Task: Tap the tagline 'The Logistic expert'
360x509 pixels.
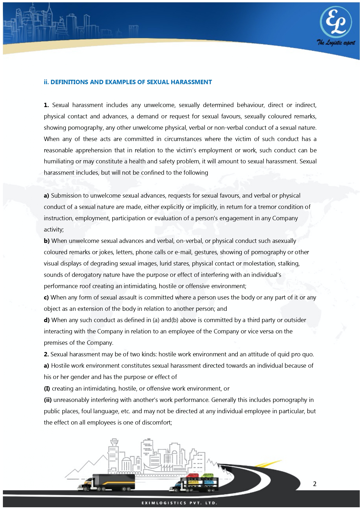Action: tap(336, 43)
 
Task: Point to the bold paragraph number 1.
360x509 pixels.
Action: tap(46, 105)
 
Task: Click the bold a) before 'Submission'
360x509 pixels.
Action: tap(46, 196)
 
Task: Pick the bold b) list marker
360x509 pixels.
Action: tap(47, 241)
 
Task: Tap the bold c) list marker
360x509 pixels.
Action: tap(46, 297)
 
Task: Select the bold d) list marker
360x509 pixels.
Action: tap(47, 320)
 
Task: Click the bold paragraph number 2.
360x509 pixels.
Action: tap(46, 354)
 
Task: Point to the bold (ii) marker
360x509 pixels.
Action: tap(48, 400)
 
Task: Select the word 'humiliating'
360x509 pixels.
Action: tap(58, 162)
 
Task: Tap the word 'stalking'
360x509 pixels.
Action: tap(288, 263)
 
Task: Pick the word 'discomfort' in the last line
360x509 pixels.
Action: tap(157, 423)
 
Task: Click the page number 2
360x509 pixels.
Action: tap(315, 484)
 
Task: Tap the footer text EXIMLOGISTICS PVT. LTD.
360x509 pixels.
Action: tap(179, 503)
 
